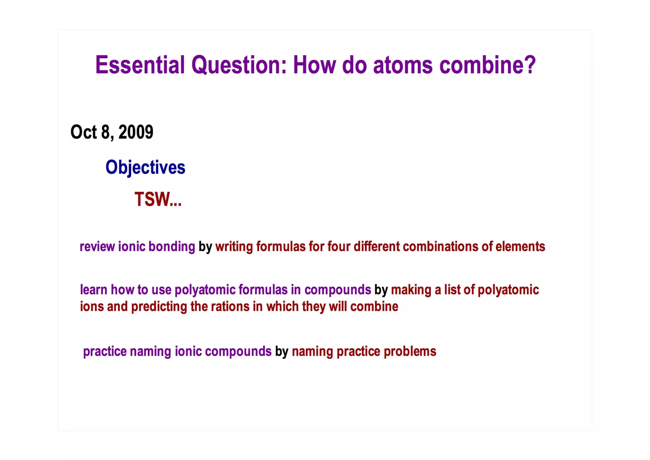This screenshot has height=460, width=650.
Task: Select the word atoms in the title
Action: (403, 65)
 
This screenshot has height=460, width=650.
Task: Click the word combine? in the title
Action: (487, 65)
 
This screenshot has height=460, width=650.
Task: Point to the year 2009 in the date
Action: (136, 132)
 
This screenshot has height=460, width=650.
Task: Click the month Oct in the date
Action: (83, 132)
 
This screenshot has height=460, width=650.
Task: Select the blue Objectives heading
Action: (145, 168)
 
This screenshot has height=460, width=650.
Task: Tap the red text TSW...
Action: (158, 199)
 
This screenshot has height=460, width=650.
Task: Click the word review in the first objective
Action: (97, 247)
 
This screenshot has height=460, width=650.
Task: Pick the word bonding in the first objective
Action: (172, 247)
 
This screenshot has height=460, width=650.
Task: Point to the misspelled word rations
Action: (230, 307)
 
